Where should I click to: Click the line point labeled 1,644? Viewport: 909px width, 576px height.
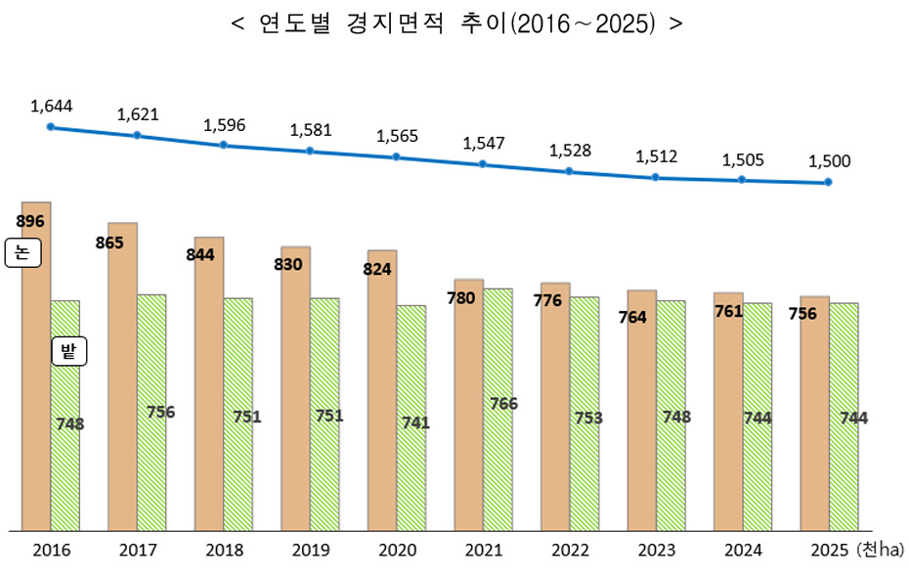pos(51,126)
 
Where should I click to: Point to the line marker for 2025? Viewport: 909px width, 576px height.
pos(828,182)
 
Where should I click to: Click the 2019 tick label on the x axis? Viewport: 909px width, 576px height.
pos(311,551)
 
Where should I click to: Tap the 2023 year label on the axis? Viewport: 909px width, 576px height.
pos(656,551)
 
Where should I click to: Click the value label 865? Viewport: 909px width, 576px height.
pos(109,242)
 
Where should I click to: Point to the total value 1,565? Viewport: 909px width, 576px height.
pos(397,136)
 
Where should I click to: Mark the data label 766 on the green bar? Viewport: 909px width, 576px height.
pos(503,403)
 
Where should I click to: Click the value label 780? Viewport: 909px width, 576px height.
pos(460,297)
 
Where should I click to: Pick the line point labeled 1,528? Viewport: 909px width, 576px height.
pos(569,171)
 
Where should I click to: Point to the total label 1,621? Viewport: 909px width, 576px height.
pos(137,114)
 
